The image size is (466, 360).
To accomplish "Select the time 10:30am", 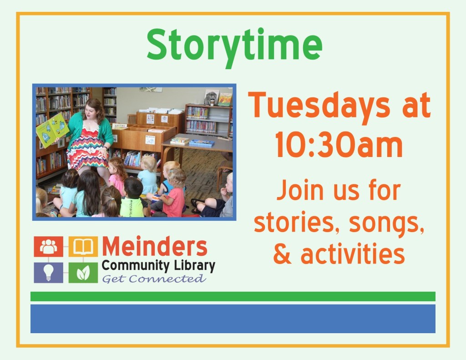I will click(x=339, y=147).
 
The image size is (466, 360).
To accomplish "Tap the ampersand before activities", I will click(x=282, y=255).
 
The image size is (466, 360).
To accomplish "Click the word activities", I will click(x=353, y=255).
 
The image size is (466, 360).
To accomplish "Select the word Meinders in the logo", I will click(x=155, y=247).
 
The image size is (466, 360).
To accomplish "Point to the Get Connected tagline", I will click(x=153, y=279).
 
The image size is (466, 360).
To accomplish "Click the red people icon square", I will click(x=48, y=247).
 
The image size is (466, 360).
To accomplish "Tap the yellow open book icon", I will click(x=83, y=247).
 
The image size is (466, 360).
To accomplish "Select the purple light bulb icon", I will click(x=48, y=272).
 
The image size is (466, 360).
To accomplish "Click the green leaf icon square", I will click(x=83, y=272).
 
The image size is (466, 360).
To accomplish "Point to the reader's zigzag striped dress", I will click(x=87, y=148).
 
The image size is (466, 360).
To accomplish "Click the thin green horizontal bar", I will click(x=233, y=296).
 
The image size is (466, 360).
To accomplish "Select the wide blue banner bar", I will click(x=233, y=319).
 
